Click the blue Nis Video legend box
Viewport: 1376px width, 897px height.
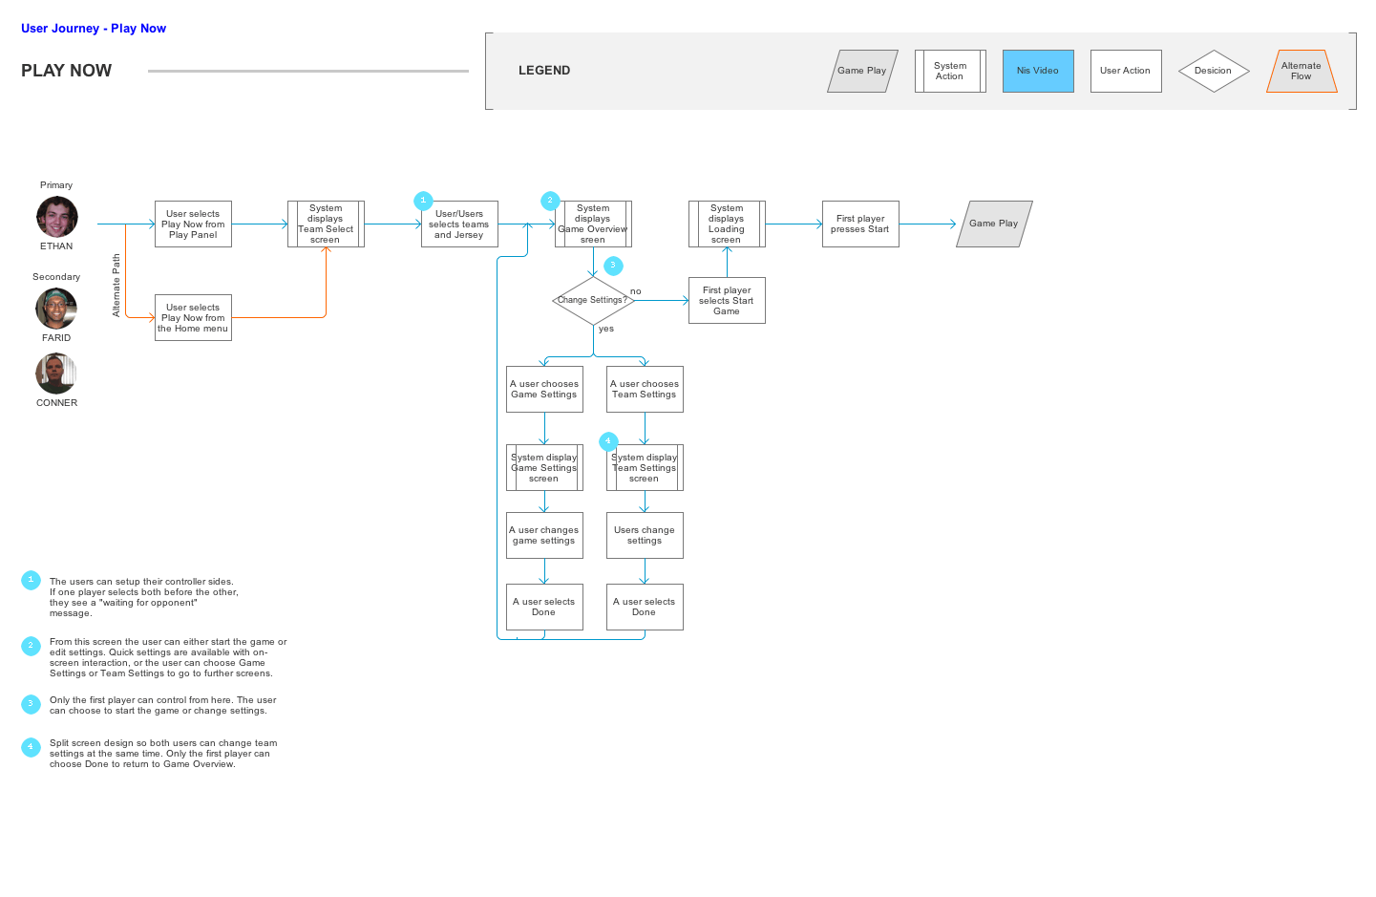click(x=1038, y=71)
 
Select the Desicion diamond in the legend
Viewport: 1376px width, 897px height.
click(x=1213, y=71)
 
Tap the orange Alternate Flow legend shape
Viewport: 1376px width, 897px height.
click(x=1301, y=72)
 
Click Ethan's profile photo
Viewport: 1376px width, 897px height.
click(x=56, y=217)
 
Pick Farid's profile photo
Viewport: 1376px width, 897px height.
click(x=56, y=309)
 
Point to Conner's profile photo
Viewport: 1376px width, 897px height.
click(x=56, y=374)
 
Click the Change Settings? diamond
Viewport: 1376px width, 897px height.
click(x=593, y=300)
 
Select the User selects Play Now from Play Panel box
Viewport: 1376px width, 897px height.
click(x=193, y=224)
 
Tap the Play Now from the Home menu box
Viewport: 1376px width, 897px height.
click(x=193, y=318)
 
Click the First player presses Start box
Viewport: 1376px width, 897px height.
click(x=859, y=224)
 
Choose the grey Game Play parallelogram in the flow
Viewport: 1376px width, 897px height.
click(x=993, y=224)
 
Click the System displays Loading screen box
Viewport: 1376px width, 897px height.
click(x=726, y=224)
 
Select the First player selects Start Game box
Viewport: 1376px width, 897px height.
click(x=726, y=301)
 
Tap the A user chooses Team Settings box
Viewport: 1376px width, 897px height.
click(x=645, y=390)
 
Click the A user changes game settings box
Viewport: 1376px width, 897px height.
click(x=544, y=536)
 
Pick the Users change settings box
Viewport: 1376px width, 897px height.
click(x=645, y=536)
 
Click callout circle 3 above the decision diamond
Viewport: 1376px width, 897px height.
click(x=613, y=266)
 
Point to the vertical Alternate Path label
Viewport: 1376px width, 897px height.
click(x=116, y=285)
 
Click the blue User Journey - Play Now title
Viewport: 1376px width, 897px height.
click(x=94, y=29)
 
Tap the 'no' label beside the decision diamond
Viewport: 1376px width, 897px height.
click(x=636, y=291)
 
